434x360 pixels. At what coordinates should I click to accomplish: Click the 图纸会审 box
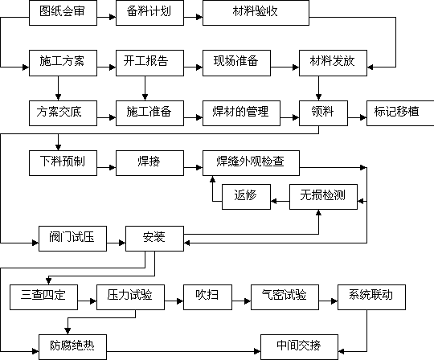(63, 13)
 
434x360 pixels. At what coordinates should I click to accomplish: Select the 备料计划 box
(149, 13)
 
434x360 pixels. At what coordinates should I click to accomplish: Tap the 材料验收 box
(256, 13)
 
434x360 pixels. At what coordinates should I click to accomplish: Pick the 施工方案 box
(63, 63)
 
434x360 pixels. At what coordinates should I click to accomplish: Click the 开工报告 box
(149, 63)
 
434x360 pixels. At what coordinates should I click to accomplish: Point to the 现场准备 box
(236, 63)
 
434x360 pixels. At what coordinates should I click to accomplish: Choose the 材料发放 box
(333, 63)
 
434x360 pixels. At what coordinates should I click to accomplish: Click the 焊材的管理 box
(241, 113)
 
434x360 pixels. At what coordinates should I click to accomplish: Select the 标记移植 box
(400, 113)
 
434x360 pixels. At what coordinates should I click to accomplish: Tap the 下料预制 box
(63, 163)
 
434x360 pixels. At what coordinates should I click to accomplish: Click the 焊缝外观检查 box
(251, 163)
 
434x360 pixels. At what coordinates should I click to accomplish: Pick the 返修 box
(246, 197)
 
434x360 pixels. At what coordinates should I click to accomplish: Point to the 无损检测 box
(323, 197)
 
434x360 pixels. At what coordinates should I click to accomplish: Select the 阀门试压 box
(72, 239)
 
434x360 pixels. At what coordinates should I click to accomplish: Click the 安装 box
(154, 239)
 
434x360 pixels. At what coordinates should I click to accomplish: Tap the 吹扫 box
(207, 297)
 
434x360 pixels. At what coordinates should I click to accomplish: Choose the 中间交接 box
(299, 347)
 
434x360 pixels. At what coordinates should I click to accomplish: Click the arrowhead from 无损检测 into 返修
(273, 201)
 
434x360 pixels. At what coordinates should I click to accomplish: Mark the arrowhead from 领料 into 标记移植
(363, 117)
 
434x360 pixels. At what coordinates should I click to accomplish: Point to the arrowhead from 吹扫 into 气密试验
(248, 301)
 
